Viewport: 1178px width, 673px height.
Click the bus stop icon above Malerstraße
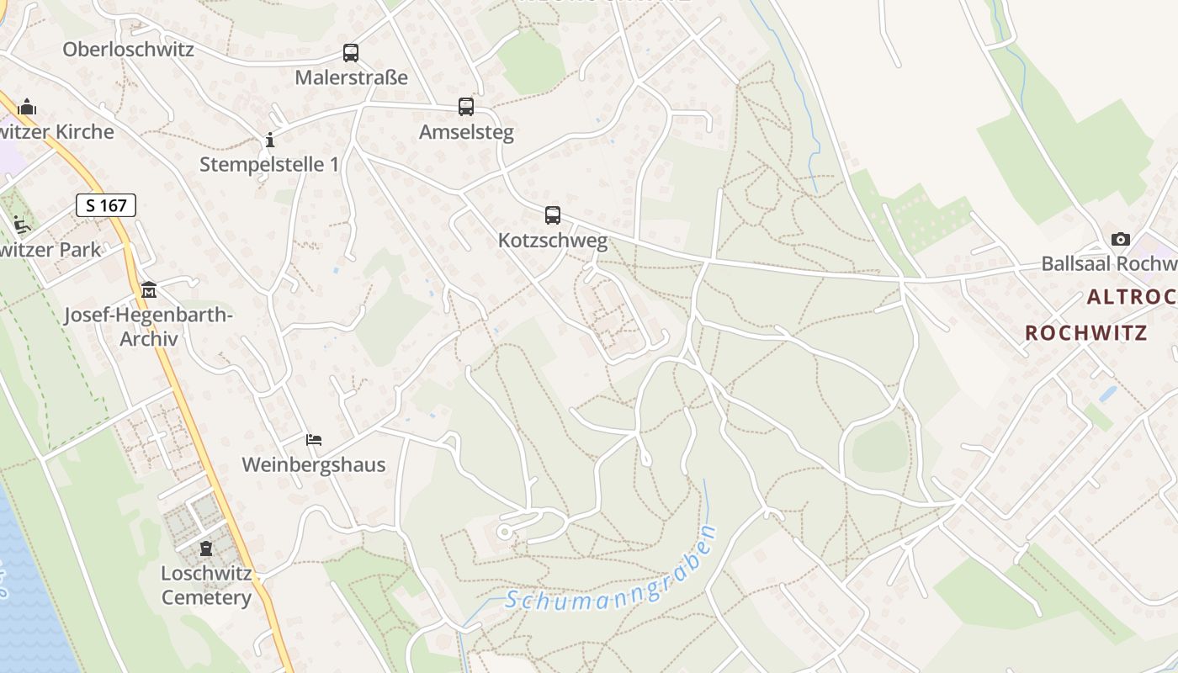pos(351,53)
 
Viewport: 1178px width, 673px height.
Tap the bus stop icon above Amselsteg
pos(466,107)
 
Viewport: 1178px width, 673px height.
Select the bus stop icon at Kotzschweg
pos(553,215)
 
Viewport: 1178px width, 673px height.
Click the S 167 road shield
pos(106,204)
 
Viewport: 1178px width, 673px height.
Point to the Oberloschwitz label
pos(128,49)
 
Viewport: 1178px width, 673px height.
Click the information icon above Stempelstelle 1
pos(270,140)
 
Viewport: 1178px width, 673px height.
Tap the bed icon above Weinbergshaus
pos(314,440)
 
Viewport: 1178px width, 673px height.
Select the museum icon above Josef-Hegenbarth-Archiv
pos(149,290)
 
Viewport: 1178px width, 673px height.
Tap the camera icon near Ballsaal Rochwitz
pos(1121,240)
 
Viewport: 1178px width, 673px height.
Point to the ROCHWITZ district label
pos(1086,333)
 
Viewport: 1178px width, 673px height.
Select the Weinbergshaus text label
pos(314,464)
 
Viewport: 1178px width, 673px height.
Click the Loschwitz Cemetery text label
pos(206,586)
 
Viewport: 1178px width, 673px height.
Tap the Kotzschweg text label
pos(553,241)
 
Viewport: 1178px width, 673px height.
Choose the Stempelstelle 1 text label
pos(269,164)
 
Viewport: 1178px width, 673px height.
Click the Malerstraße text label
pos(351,77)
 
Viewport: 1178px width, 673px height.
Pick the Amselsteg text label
pos(466,132)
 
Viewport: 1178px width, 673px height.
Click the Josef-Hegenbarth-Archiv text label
pos(149,327)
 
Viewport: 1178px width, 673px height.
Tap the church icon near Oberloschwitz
pos(27,107)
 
